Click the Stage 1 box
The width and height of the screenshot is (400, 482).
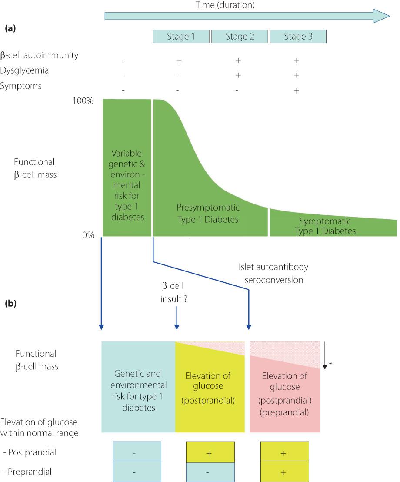(181, 36)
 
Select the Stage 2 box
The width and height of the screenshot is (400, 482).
(240, 36)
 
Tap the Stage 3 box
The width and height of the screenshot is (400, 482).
(298, 36)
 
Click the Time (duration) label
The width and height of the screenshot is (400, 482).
(225, 5)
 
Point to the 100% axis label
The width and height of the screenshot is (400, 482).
(83, 101)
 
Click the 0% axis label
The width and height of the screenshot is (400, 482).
(88, 235)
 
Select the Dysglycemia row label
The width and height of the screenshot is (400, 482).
(24, 70)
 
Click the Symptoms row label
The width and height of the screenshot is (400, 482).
(21, 86)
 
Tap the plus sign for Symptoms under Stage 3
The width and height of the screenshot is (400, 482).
(297, 90)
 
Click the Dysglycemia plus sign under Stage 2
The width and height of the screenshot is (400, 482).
(238, 75)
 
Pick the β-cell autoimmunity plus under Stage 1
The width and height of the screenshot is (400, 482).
(179, 60)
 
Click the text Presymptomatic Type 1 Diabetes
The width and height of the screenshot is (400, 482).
(208, 213)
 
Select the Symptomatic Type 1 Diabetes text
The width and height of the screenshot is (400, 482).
(325, 226)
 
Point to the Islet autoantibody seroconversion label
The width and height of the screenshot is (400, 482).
(273, 273)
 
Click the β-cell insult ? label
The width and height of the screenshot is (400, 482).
(174, 292)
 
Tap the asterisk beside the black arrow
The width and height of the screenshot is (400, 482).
(330, 364)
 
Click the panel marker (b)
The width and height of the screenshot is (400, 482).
(10, 303)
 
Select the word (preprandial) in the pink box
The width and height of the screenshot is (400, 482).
(284, 412)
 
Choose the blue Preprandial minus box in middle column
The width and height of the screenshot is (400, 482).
(210, 471)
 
